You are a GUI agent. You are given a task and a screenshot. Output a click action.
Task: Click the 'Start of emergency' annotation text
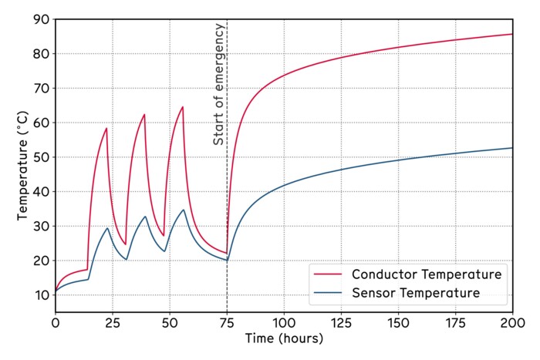[x=219, y=85]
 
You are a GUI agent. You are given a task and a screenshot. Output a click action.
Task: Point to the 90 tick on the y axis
[x=41, y=19]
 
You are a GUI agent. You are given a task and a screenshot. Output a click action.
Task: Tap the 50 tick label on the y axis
[x=41, y=157]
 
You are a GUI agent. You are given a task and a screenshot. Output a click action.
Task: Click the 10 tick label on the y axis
[x=41, y=295]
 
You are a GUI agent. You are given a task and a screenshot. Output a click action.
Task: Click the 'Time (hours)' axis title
[x=284, y=338]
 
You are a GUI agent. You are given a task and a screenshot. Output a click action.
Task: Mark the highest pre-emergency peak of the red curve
[x=183, y=106]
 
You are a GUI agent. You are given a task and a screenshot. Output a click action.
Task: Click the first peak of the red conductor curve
[x=106, y=128]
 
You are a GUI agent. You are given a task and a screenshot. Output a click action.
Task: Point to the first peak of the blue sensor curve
[x=107, y=227]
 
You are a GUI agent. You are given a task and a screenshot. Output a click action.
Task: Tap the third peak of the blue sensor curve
[x=184, y=210]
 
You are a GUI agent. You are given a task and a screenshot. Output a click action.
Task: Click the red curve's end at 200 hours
[x=512, y=34]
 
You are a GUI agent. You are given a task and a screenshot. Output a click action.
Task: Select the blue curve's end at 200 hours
[x=512, y=148]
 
